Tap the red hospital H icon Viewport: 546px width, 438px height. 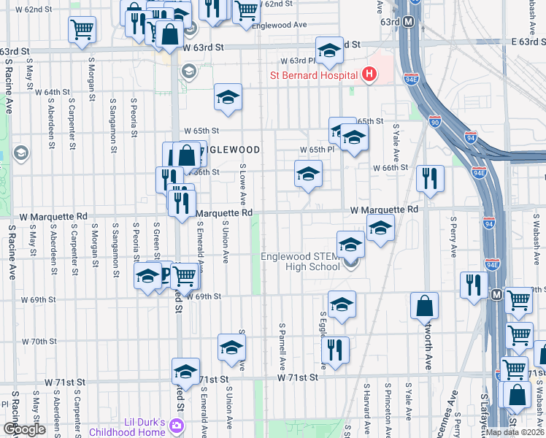369,74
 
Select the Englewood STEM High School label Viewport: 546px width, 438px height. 300,261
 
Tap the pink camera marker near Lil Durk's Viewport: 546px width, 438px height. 176,425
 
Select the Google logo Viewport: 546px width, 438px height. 24,429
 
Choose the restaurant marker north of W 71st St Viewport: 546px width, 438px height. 336,350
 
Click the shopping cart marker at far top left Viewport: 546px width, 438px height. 82,30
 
